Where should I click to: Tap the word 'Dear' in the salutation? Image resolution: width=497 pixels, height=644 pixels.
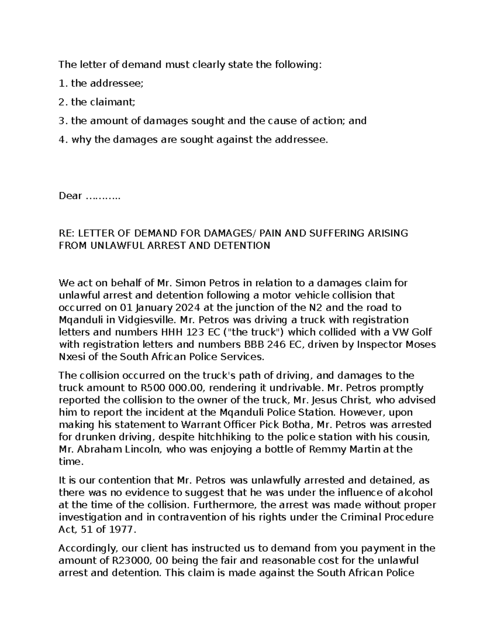point(70,196)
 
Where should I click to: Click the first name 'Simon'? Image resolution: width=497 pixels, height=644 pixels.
point(190,283)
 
